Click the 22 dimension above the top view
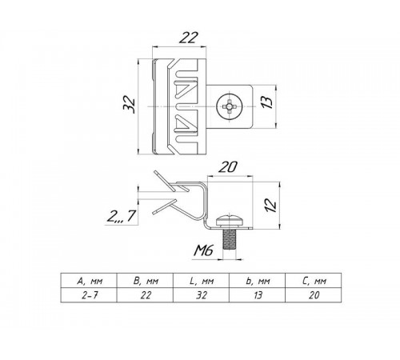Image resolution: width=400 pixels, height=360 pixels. pyautogui.click(x=189, y=38)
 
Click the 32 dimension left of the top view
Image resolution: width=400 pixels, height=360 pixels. pyautogui.click(x=130, y=104)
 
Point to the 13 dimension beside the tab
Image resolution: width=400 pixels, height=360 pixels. pyautogui.click(x=266, y=102)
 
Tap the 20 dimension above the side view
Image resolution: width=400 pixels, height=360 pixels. pyautogui.click(x=227, y=167)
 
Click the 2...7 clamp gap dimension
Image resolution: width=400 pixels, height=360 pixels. pyautogui.click(x=122, y=216)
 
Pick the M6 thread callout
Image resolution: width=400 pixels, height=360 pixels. pyautogui.click(x=204, y=250)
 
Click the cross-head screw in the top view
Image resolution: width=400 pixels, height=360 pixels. pyautogui.click(x=230, y=106)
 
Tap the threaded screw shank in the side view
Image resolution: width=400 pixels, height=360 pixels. pyautogui.click(x=230, y=238)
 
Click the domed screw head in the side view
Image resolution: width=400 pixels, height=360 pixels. pyautogui.click(x=230, y=221)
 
